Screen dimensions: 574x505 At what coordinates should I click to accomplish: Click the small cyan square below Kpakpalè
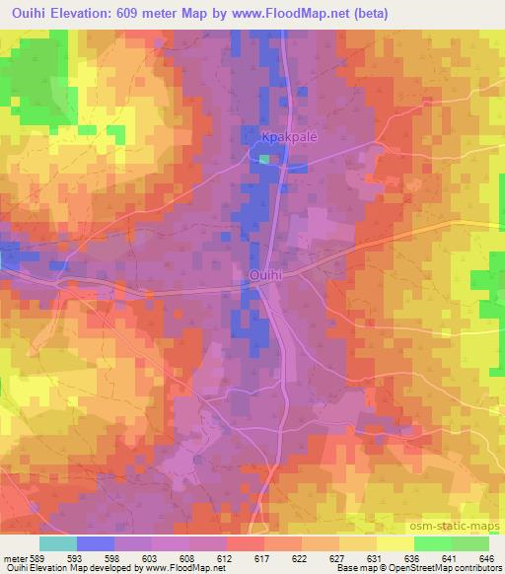pos(263,158)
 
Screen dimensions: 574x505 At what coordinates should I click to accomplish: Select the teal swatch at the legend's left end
pos(58,543)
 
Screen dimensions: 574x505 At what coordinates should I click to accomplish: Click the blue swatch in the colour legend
pos(96,543)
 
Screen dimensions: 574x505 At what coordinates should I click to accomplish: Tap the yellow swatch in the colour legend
pos(396,543)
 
